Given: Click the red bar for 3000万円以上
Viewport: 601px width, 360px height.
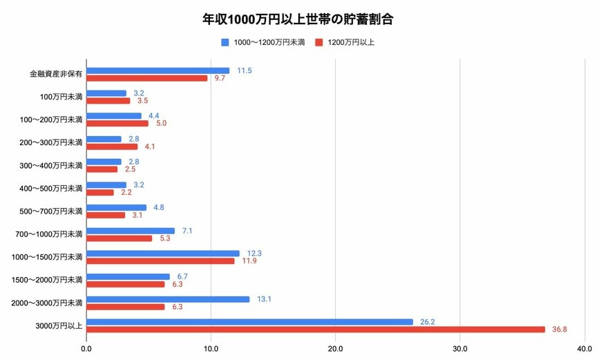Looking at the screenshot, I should point(316,329).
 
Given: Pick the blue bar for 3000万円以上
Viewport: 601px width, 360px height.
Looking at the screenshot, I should point(249,322).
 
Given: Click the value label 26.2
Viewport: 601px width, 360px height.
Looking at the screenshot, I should point(427,322).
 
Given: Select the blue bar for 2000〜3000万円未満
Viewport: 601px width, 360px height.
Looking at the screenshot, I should point(168,299).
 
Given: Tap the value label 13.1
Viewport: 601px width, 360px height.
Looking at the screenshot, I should point(264,299).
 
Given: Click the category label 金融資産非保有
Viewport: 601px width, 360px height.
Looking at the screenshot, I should point(56,74).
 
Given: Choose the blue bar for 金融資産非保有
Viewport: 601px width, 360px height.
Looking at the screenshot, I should point(158,70).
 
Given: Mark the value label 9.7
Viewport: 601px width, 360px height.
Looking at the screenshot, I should point(220,78).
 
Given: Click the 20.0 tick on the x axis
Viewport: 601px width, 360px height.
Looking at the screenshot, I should point(335,348).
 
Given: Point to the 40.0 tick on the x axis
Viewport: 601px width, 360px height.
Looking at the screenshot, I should point(584,348).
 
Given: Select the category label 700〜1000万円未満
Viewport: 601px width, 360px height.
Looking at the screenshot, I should point(49,234).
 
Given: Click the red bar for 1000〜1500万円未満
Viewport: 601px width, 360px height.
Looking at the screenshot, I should point(160,261).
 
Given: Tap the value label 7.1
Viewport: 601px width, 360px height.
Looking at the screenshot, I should point(187,231).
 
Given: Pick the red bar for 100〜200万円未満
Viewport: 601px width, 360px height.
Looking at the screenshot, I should point(117,124).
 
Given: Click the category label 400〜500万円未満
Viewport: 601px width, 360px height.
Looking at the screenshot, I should point(51,189).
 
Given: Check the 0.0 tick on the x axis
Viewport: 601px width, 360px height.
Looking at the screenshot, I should point(86,348).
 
